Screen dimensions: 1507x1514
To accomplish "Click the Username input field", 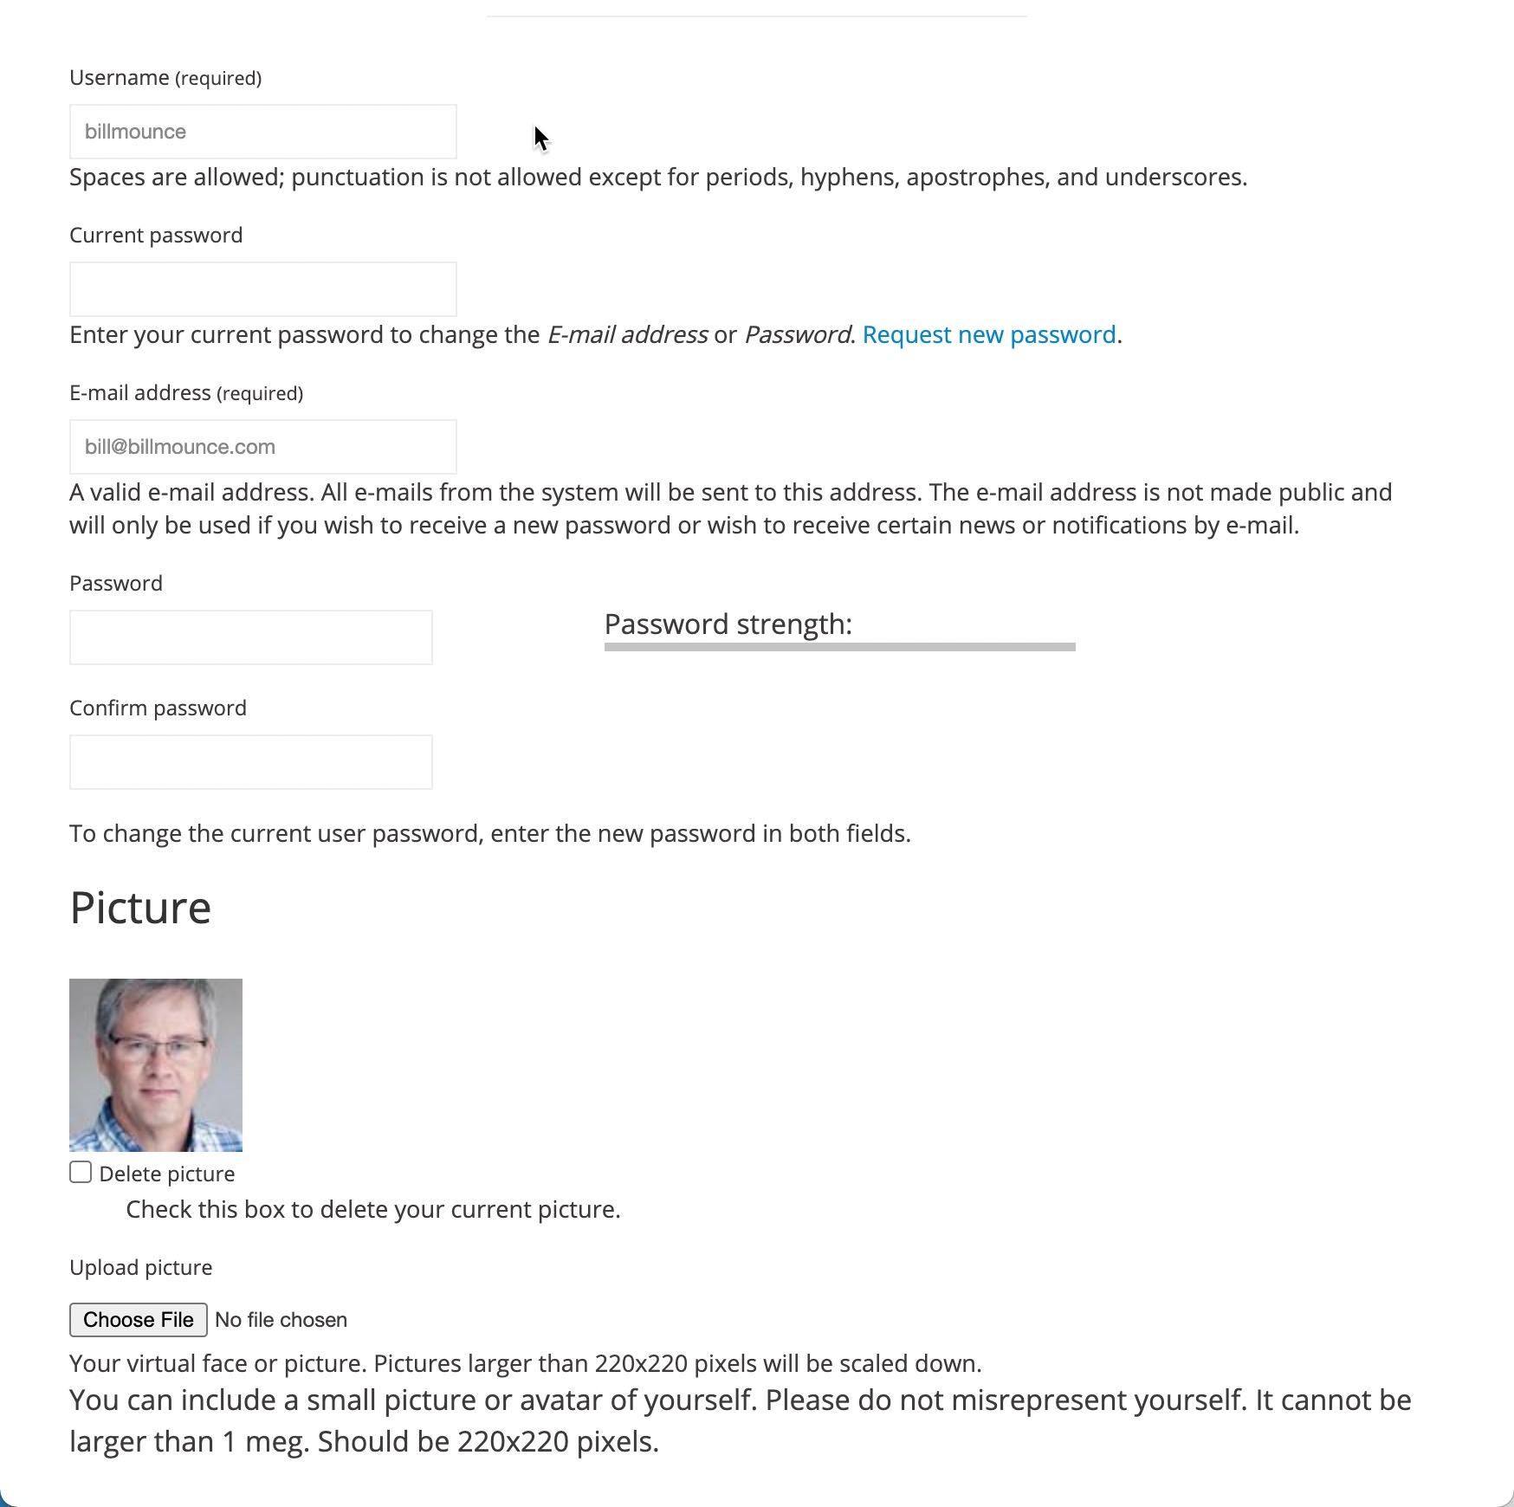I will tap(262, 132).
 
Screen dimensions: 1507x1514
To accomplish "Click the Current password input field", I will tap(262, 289).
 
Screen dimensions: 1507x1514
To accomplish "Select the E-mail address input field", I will tap(262, 447).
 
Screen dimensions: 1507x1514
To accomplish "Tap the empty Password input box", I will tap(250, 637).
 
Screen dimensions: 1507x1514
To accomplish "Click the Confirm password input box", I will tap(250, 762).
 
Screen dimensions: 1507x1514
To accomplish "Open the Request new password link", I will tap(988, 335).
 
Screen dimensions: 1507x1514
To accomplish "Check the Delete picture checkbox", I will tap(81, 1173).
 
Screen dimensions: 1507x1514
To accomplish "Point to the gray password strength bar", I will tap(839, 647).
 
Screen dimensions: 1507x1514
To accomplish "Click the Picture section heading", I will tap(140, 908).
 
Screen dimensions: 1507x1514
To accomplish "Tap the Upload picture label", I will tap(140, 1268).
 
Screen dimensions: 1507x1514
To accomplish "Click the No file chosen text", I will tap(281, 1320).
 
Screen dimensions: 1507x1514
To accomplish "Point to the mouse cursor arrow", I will tap(540, 138).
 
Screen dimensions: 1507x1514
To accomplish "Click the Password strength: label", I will tap(728, 624).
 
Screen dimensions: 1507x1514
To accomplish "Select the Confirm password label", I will tap(158, 708).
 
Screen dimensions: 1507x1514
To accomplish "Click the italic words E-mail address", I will tap(627, 335).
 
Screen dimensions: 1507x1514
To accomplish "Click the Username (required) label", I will tap(165, 78).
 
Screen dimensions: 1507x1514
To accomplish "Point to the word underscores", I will tap(1174, 178).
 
